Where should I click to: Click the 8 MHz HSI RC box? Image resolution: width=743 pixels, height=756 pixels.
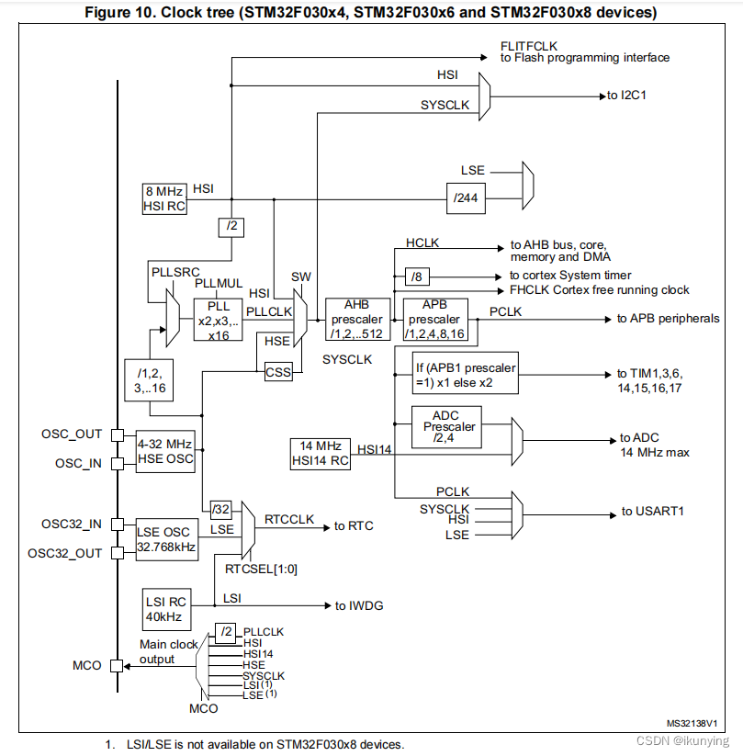point(164,198)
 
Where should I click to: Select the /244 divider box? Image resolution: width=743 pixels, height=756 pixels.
point(467,197)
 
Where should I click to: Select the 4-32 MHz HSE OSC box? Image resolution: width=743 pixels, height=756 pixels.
point(165,451)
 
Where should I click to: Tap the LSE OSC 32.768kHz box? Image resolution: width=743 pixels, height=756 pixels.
point(165,538)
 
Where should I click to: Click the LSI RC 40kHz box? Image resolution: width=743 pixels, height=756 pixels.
point(166,607)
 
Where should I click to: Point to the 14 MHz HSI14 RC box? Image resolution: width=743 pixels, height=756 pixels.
point(321,454)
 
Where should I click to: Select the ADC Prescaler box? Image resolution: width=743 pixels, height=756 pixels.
point(445,427)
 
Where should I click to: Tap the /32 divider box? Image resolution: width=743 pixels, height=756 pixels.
point(220,509)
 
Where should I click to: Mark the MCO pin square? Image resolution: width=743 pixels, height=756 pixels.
point(117,666)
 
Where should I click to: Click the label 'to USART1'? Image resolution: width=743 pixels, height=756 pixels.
point(653,512)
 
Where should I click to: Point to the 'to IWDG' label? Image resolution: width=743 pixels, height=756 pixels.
point(360,605)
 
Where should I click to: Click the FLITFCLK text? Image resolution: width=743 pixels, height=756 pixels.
point(529,45)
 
